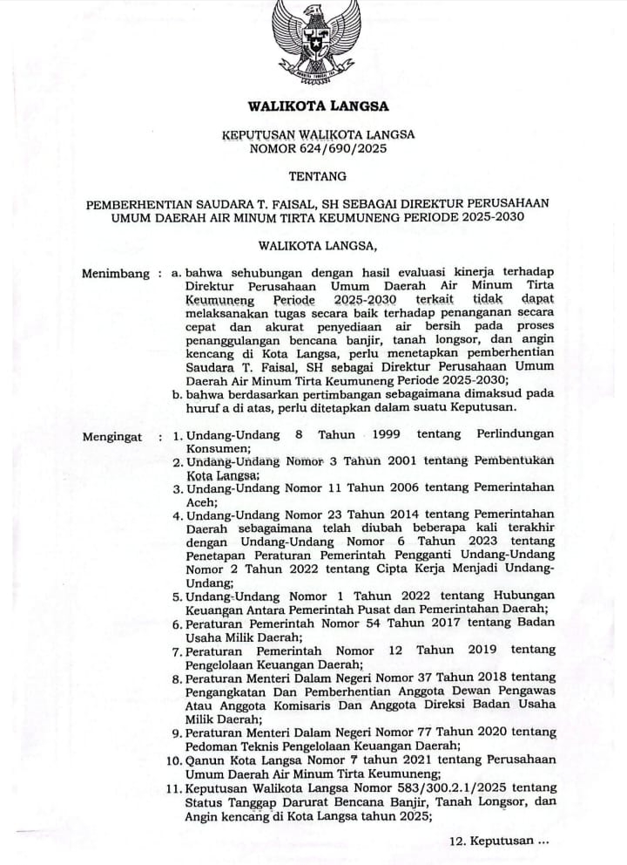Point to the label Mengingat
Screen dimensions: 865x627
point(115,435)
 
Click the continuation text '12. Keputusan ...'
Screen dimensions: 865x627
point(500,842)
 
